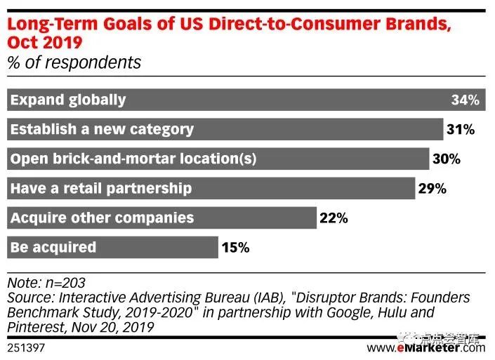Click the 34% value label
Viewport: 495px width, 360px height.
coord(465,100)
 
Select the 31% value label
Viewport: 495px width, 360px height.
coord(460,129)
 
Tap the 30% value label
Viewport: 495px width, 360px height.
coord(446,159)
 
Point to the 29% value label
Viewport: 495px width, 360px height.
coord(432,188)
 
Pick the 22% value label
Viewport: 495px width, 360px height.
coord(334,218)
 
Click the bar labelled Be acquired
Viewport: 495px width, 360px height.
coord(112,247)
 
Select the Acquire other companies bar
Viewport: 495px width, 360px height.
coord(161,218)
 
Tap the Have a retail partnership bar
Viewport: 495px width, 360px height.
coord(211,188)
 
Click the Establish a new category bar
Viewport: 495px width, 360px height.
coord(225,129)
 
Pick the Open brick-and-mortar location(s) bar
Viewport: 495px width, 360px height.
coord(218,159)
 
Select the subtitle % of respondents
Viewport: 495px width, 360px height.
coord(74,62)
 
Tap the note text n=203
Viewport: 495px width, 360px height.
coord(65,283)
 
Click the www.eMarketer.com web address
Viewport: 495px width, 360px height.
coord(425,347)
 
